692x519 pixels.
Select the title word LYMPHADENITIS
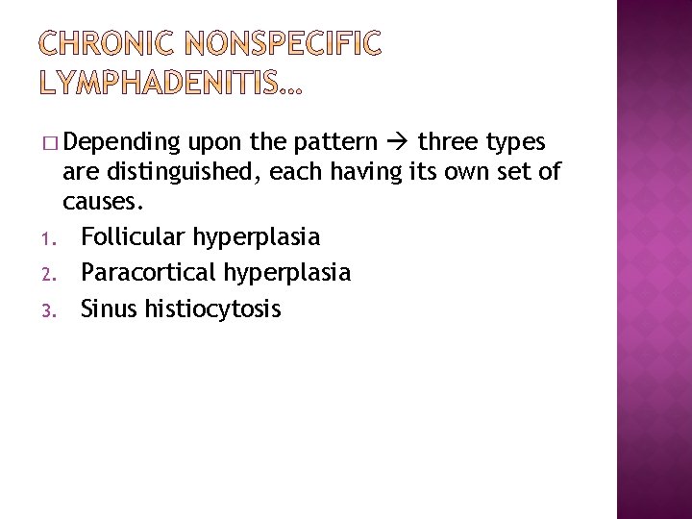[x=159, y=86]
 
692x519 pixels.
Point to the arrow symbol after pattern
[x=397, y=143]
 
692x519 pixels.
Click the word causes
[x=102, y=203]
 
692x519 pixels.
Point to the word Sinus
[x=110, y=309]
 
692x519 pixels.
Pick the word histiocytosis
[x=213, y=309]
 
